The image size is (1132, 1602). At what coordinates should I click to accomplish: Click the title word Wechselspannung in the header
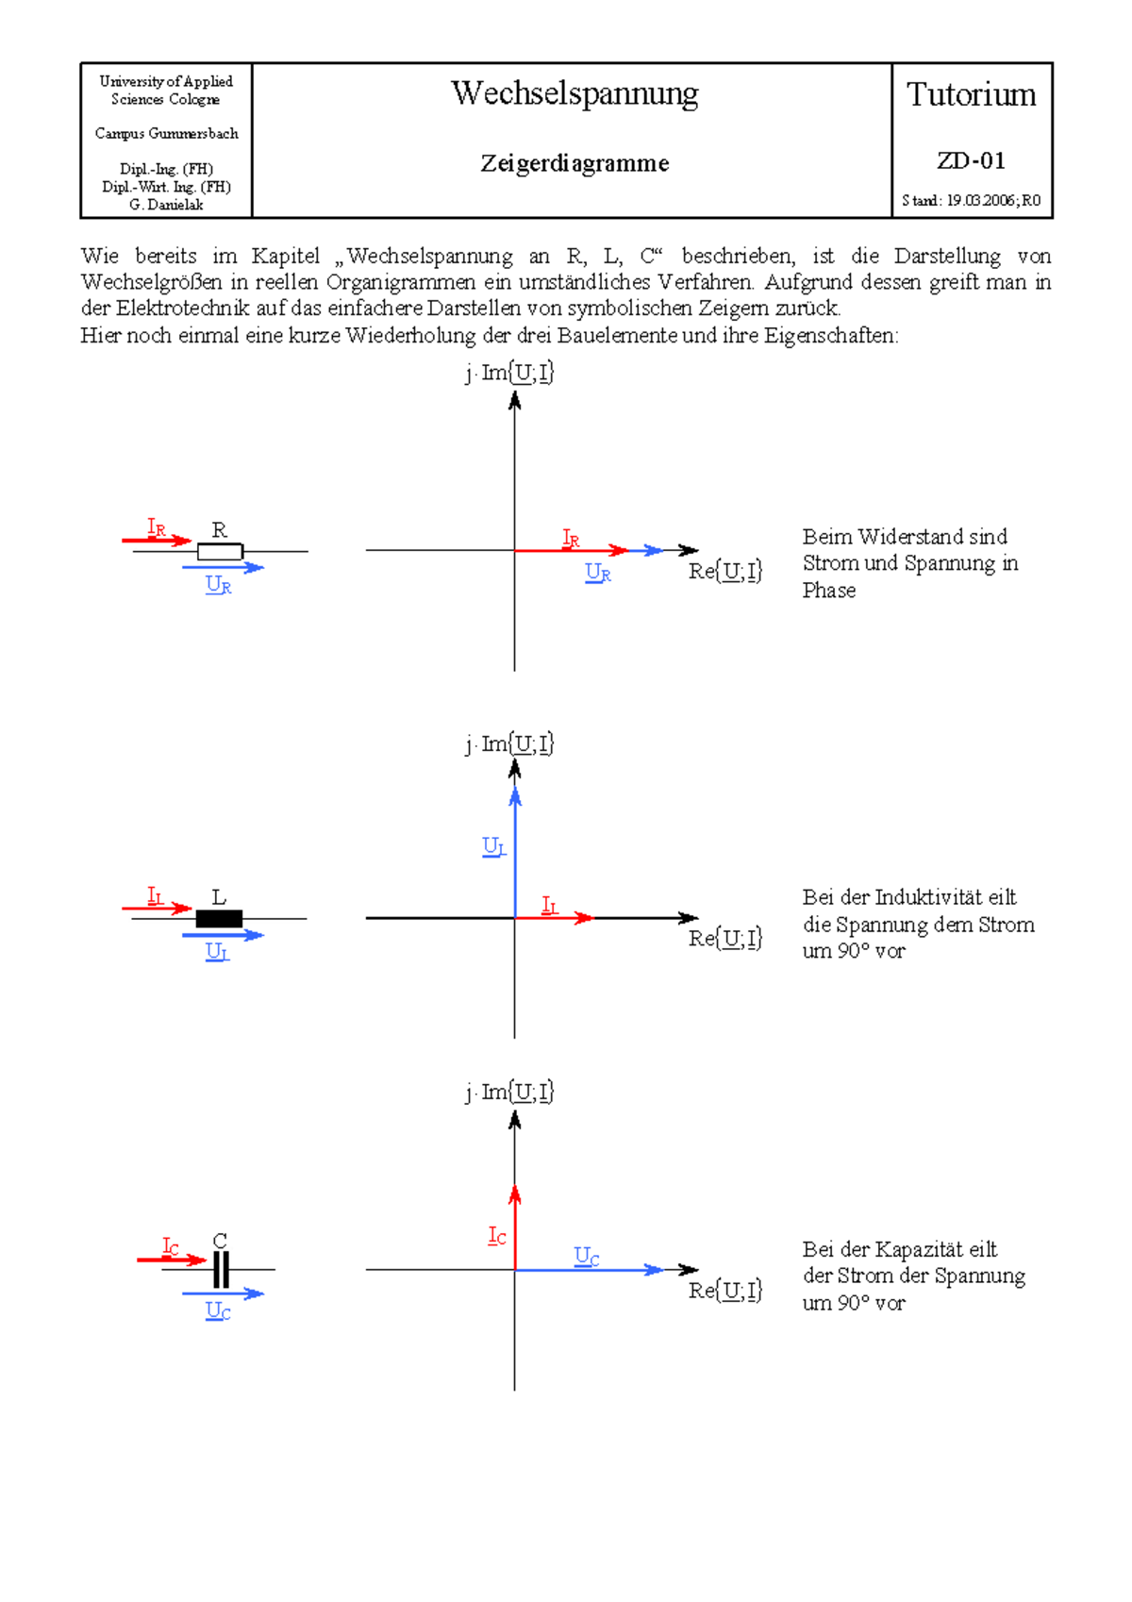[x=574, y=94]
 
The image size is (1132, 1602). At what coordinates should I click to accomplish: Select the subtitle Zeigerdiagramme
[x=574, y=163]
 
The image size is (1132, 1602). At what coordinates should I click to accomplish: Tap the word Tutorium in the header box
[x=971, y=95]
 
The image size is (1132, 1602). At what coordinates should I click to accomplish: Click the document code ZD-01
[x=971, y=160]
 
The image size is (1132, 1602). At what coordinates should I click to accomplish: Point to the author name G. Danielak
[x=166, y=205]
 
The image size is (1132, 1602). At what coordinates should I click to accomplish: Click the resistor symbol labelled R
[x=220, y=551]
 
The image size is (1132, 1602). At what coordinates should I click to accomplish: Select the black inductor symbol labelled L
[x=219, y=918]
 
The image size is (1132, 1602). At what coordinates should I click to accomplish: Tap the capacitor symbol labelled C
[x=221, y=1269]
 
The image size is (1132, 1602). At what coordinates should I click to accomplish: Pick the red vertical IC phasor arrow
[x=515, y=1227]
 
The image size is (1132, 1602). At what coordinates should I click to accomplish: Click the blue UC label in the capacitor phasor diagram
[x=587, y=1256]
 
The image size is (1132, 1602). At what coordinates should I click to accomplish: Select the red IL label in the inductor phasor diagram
[x=549, y=906]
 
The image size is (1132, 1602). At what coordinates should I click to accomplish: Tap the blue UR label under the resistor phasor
[x=598, y=572]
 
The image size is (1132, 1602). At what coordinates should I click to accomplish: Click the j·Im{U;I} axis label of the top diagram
[x=509, y=373]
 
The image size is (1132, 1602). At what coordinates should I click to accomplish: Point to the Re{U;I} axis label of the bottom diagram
[x=724, y=1290]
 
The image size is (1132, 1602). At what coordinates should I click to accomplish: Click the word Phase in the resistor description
[x=829, y=591]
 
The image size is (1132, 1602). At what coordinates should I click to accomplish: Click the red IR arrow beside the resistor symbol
[x=157, y=540]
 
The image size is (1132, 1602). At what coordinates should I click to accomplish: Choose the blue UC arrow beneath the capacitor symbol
[x=223, y=1293]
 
